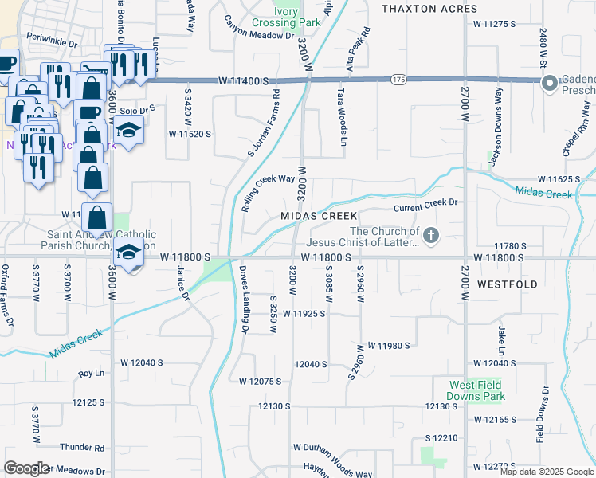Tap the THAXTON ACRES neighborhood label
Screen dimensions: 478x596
tap(429, 9)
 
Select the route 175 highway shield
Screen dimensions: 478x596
tap(398, 80)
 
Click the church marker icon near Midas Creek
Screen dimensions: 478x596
tap(430, 235)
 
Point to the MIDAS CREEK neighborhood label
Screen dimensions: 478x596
tap(318, 217)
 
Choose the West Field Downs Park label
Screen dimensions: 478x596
tap(476, 390)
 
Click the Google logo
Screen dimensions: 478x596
tap(26, 468)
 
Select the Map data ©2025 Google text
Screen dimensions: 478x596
tap(547, 472)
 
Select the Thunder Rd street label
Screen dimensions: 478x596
tap(88, 449)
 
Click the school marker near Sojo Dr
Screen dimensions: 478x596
tap(127, 128)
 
